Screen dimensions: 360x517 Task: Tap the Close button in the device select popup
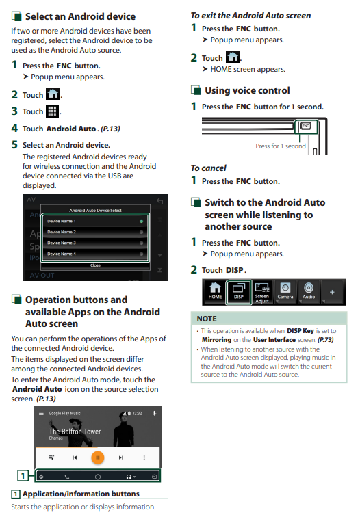click(95, 265)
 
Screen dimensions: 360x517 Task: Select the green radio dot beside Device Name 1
click(141, 222)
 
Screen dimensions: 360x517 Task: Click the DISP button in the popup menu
click(239, 291)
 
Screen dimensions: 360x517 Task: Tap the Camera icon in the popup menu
click(285, 291)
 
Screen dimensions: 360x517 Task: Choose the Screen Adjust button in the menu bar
click(262, 291)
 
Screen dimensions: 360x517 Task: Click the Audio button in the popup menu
click(309, 291)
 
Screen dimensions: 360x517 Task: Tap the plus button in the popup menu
click(332, 292)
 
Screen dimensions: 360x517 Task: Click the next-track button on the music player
click(121, 458)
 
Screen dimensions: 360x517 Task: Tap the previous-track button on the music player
click(75, 458)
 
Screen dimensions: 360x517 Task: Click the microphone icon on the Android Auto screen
click(154, 413)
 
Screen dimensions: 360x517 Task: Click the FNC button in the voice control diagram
click(306, 126)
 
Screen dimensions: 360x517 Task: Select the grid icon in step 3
click(52, 111)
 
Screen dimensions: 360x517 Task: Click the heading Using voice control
click(247, 90)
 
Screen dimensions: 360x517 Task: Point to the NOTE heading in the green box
click(207, 319)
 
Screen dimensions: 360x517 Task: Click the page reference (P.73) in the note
click(325, 340)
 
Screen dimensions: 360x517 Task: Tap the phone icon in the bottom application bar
click(67, 477)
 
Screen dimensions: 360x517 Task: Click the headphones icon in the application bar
click(129, 477)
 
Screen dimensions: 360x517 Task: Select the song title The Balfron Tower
click(75, 432)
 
